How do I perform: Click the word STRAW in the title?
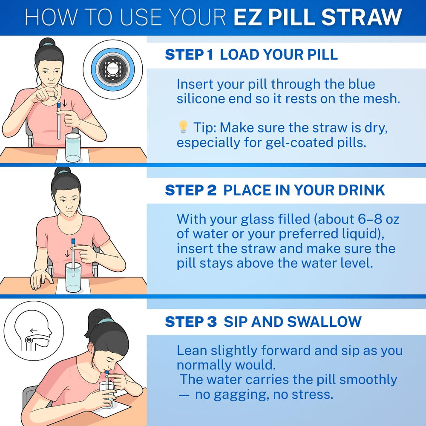pyautogui.click(x=361, y=17)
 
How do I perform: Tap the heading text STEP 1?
pyautogui.click(x=189, y=55)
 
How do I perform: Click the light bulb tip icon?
pyautogui.click(x=183, y=127)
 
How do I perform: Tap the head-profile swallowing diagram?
pyautogui.click(x=34, y=331)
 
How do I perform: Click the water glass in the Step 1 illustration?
pyautogui.click(x=73, y=147)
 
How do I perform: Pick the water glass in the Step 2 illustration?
pyautogui.click(x=73, y=277)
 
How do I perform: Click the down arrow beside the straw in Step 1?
pyautogui.click(x=65, y=103)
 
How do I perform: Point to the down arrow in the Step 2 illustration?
pyautogui.click(x=67, y=254)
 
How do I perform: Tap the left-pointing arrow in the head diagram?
pyautogui.click(x=33, y=331)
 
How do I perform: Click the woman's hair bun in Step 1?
pyautogui.click(x=47, y=43)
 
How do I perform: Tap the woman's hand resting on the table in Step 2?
pyautogui.click(x=41, y=279)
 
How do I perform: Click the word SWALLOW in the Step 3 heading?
pyautogui.click(x=324, y=322)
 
